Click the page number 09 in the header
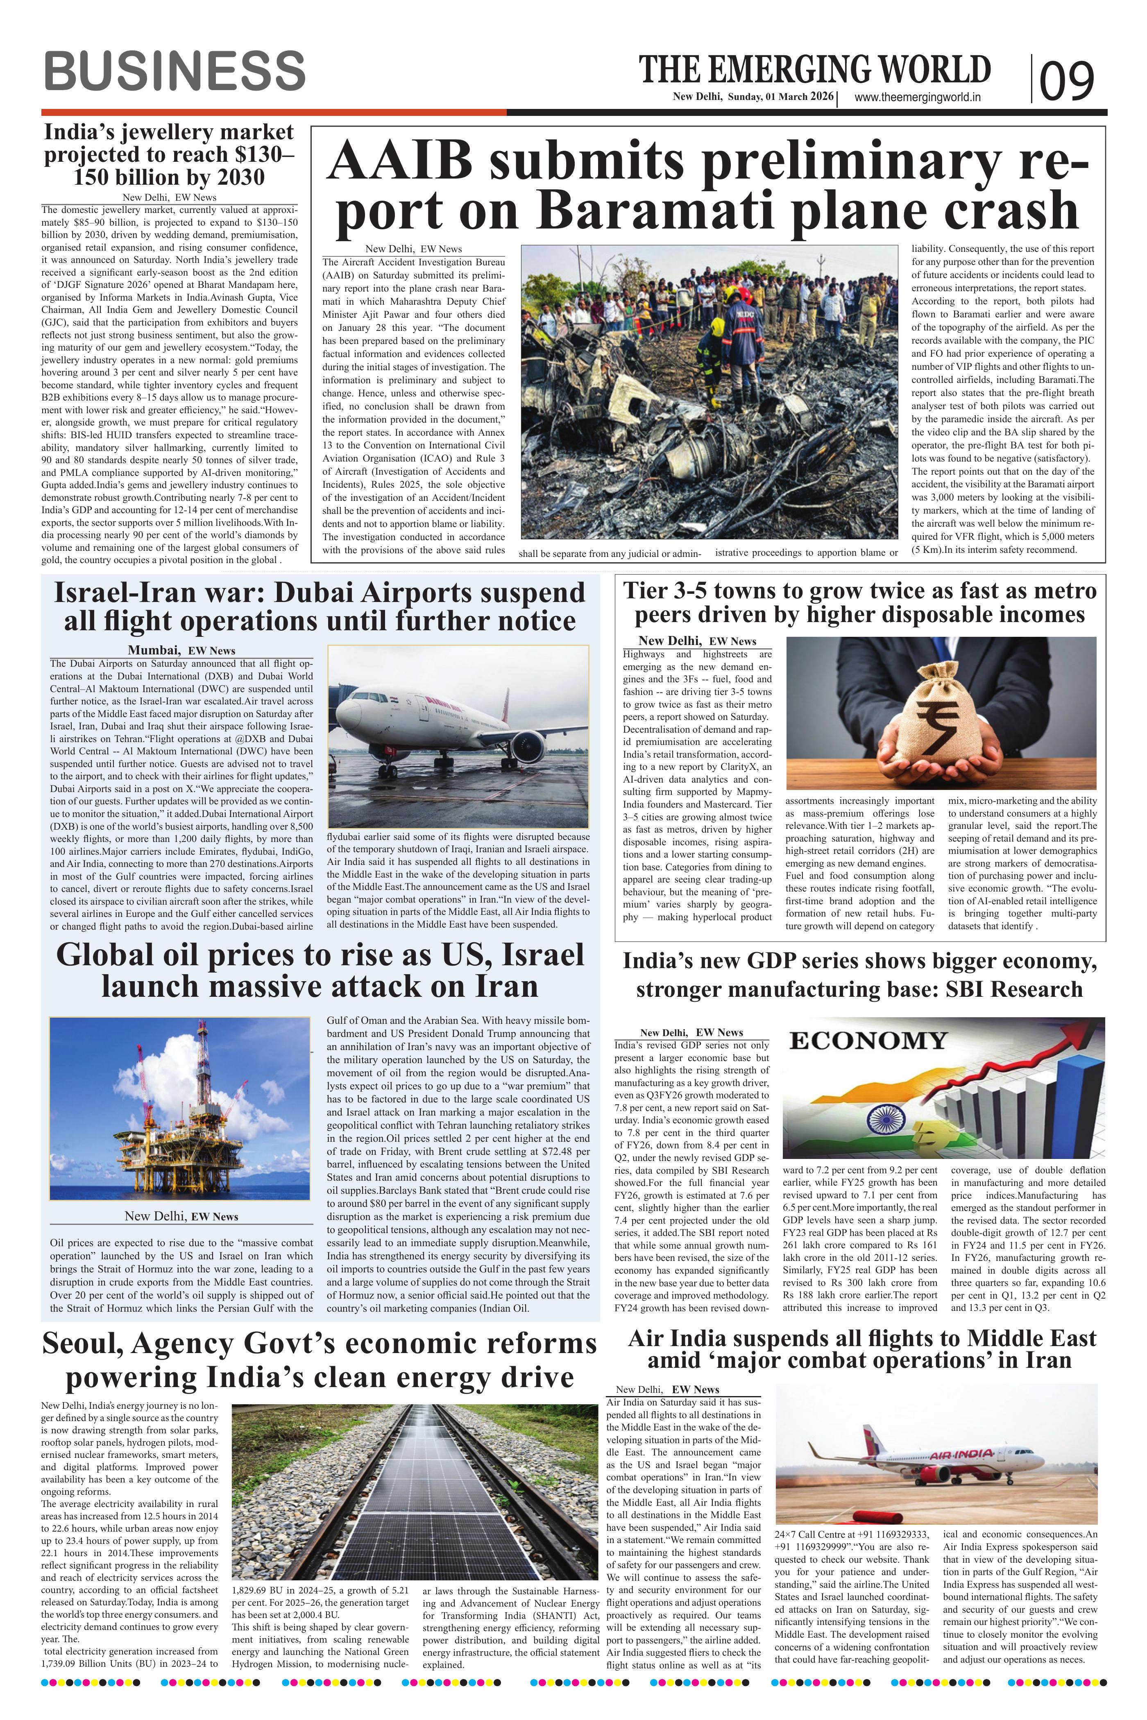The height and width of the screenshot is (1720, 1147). coord(1067,80)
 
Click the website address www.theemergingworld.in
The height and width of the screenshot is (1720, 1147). coord(917,97)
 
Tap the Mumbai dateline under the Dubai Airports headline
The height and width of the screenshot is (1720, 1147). coord(154,650)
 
